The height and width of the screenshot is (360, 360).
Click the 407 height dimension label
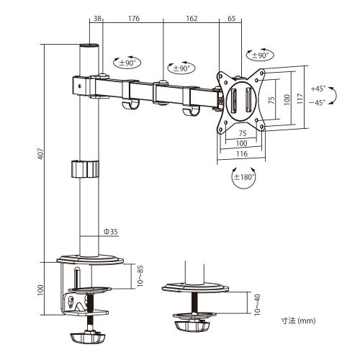click(41, 153)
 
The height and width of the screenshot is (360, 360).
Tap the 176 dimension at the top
click(134, 19)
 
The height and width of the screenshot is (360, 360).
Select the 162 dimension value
click(192, 19)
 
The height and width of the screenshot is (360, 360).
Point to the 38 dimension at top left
click(97, 19)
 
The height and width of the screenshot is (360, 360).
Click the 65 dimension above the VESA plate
click(231, 19)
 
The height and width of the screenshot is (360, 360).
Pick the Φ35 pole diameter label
click(110, 232)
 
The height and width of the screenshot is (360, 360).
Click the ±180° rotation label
click(244, 177)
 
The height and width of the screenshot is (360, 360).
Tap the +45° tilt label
click(318, 89)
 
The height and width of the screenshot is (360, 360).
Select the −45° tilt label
click(318, 103)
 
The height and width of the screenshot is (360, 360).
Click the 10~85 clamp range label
click(140, 276)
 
